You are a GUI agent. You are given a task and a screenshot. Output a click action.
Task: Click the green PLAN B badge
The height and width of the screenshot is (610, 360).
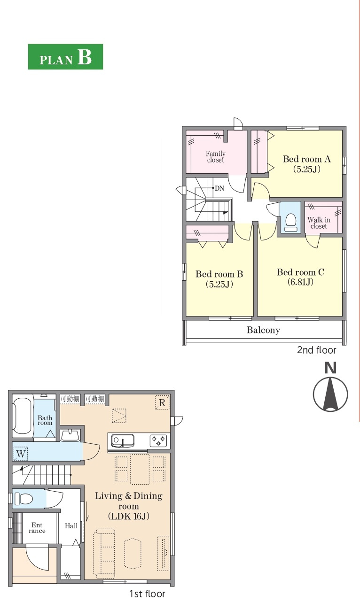(x=65, y=57)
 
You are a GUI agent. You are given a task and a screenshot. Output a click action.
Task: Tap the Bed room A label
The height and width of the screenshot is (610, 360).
(x=306, y=159)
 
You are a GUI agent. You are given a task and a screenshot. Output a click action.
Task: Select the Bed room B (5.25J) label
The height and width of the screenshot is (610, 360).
(x=219, y=279)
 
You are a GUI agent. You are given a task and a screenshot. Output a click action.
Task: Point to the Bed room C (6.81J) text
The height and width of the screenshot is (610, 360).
(x=300, y=277)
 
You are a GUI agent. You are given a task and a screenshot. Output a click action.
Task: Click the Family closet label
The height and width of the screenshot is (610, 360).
(x=216, y=157)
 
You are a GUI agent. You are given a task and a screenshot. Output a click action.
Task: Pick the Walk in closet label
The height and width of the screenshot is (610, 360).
(x=319, y=223)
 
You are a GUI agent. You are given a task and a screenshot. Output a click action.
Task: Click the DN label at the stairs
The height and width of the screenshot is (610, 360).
(x=219, y=188)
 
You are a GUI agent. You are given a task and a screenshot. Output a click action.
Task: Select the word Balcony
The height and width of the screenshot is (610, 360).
(x=263, y=330)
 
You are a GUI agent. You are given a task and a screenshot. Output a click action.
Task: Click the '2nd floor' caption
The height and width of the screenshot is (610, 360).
(x=316, y=350)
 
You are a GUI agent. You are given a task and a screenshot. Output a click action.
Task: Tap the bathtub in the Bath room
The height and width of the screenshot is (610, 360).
(x=22, y=416)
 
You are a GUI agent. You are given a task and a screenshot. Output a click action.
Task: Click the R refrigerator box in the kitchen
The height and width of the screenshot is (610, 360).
(x=162, y=402)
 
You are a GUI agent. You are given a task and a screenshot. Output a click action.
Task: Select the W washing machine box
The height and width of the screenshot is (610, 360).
(x=21, y=454)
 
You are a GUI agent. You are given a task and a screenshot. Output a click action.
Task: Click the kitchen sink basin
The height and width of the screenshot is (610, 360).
(x=122, y=440)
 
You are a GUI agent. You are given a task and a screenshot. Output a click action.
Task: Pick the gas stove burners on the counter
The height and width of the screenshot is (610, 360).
(x=158, y=440)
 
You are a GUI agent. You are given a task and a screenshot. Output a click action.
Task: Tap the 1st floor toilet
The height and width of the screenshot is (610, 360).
(x=23, y=499)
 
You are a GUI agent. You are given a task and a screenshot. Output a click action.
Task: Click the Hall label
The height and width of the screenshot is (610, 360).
(x=71, y=526)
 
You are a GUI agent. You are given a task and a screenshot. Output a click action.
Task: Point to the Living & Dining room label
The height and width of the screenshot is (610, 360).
(x=129, y=506)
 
